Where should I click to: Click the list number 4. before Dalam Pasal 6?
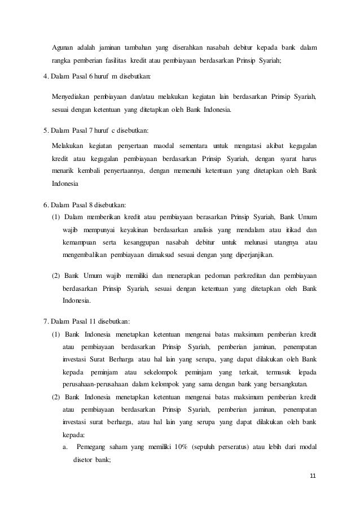47,76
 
